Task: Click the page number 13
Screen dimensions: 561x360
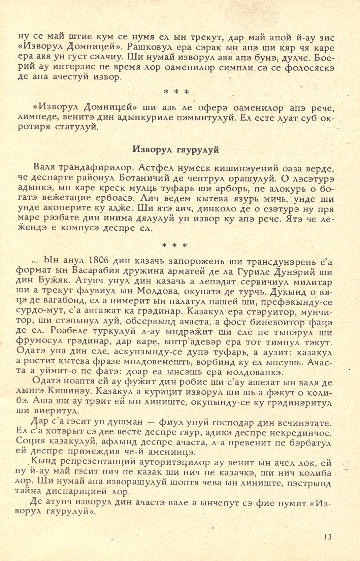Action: coord(327,537)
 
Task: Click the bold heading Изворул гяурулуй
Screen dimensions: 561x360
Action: coord(175,150)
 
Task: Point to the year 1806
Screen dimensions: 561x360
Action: coord(99,261)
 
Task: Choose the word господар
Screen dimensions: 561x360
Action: coord(238,422)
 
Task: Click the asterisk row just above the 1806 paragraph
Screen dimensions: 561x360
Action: coord(175,245)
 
